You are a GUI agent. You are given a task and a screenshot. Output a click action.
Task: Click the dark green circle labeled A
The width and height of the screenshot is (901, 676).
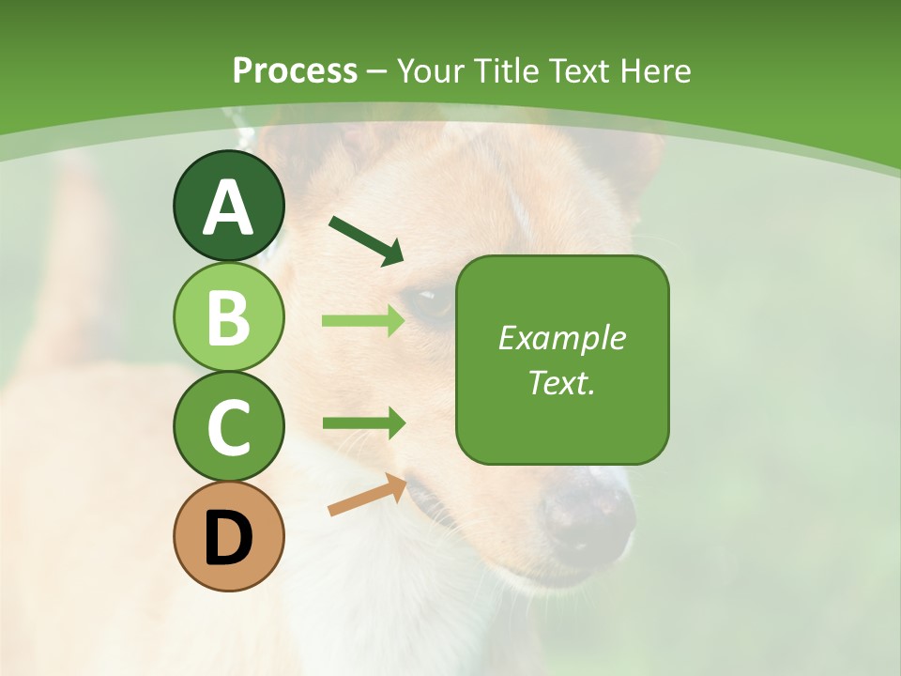pyautogui.click(x=228, y=206)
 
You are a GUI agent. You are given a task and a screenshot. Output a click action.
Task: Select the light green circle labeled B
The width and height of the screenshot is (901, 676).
pyautogui.click(x=228, y=316)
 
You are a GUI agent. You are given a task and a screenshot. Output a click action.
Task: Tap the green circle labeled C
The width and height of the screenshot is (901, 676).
pyautogui.click(x=228, y=426)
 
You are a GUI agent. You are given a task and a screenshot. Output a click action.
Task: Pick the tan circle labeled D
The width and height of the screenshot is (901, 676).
pyautogui.click(x=228, y=536)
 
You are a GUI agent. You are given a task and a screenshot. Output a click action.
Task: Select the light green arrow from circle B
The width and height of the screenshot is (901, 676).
pyautogui.click(x=363, y=321)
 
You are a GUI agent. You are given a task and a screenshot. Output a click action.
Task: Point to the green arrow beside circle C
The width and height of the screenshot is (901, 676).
pyautogui.click(x=363, y=423)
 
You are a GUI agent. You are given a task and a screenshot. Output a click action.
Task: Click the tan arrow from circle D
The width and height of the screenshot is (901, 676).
pyautogui.click(x=367, y=495)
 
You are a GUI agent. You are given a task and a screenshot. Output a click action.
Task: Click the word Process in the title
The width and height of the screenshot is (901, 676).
pyautogui.click(x=295, y=70)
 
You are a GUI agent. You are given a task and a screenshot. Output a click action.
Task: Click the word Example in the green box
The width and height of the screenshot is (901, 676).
pyautogui.click(x=561, y=338)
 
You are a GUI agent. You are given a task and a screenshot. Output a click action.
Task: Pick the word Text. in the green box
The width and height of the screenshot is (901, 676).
pyautogui.click(x=561, y=382)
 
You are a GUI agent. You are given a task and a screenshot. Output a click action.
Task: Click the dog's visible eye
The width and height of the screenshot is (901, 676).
pyautogui.click(x=429, y=302)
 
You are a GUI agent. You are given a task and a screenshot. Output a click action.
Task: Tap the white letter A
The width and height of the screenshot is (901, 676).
pyautogui.click(x=228, y=207)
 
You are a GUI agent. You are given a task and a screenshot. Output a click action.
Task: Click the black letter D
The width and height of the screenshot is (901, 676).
pyautogui.click(x=228, y=538)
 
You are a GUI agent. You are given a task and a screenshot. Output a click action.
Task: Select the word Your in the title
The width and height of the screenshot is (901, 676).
pyautogui.click(x=435, y=70)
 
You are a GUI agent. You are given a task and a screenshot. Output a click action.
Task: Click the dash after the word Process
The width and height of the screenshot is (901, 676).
pyautogui.click(x=377, y=71)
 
